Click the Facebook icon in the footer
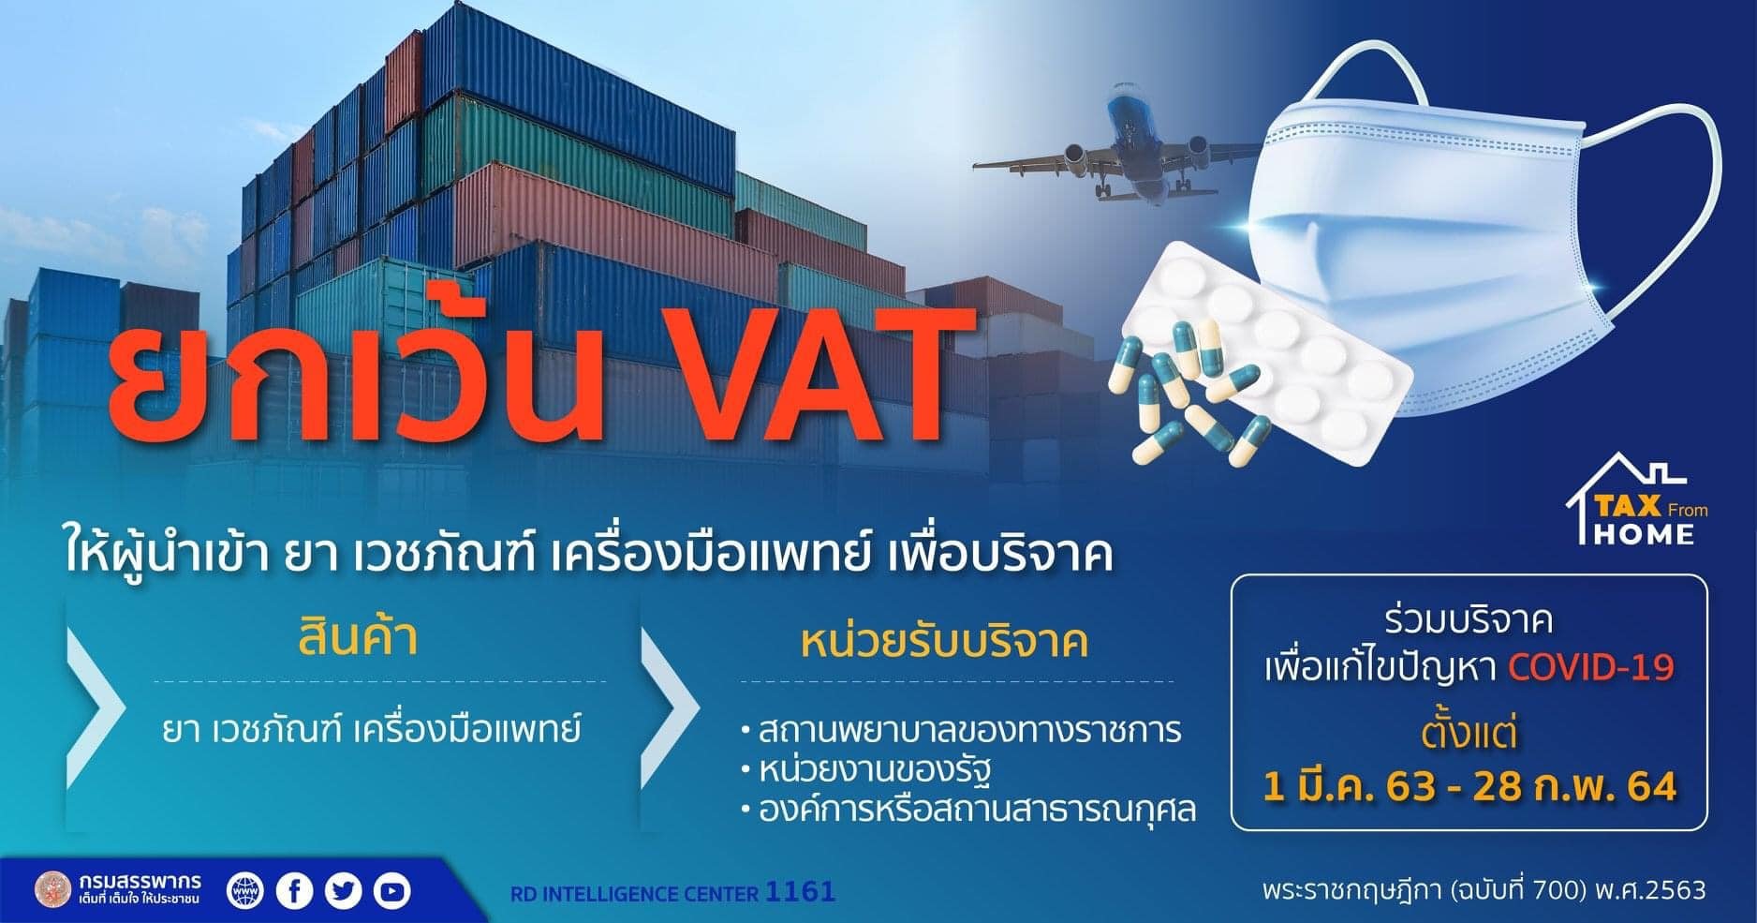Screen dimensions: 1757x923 pos(295,889)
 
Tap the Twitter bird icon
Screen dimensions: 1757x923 pos(344,889)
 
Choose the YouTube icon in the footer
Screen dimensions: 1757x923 pos(391,889)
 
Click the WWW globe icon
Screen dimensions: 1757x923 pos(246,889)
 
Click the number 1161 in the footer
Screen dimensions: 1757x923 pos(800,891)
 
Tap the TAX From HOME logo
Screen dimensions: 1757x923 pos(1637,500)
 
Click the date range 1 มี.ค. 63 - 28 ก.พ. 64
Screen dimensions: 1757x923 pos(1469,786)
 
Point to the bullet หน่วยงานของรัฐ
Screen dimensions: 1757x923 pos(864,770)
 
